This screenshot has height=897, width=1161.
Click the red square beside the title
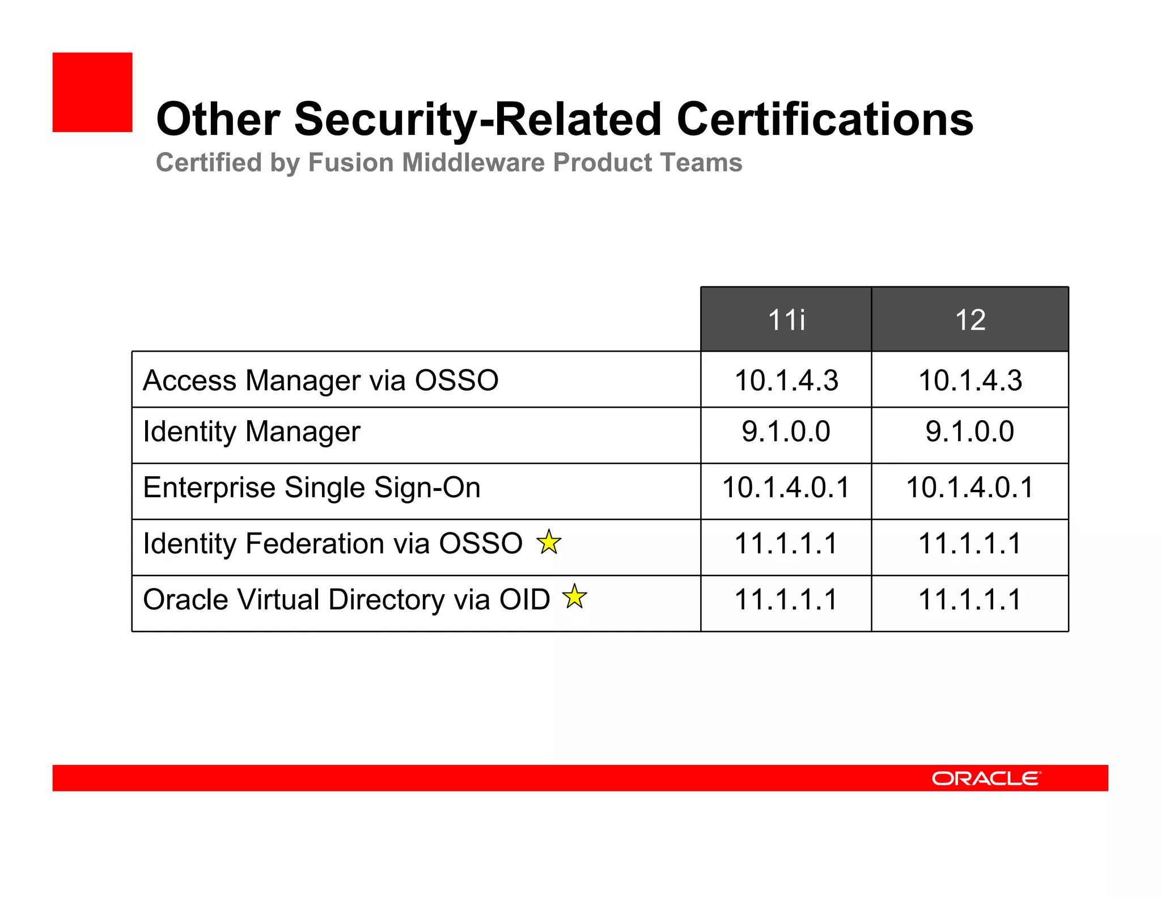(92, 92)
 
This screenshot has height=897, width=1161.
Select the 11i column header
(786, 320)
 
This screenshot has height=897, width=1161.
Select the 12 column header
(970, 320)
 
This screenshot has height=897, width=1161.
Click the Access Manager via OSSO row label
(320, 380)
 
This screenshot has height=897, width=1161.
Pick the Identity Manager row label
(251, 432)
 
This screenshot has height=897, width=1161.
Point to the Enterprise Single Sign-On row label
(311, 488)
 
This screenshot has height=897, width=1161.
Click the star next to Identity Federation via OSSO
(549, 542)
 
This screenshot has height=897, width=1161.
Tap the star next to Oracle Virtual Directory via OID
(575, 596)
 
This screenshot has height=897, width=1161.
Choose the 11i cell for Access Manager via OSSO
(786, 380)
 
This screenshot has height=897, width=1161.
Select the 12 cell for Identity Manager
(970, 431)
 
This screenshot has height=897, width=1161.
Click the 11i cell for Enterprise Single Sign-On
(786, 488)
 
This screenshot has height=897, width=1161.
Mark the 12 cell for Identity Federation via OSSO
(970, 544)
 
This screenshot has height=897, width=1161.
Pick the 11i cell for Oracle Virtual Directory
(786, 600)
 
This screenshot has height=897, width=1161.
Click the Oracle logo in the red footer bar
(986, 778)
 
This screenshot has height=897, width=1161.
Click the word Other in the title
(218, 120)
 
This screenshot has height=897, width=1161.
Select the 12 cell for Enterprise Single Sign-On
(970, 488)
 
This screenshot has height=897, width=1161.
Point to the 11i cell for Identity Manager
(786, 431)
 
